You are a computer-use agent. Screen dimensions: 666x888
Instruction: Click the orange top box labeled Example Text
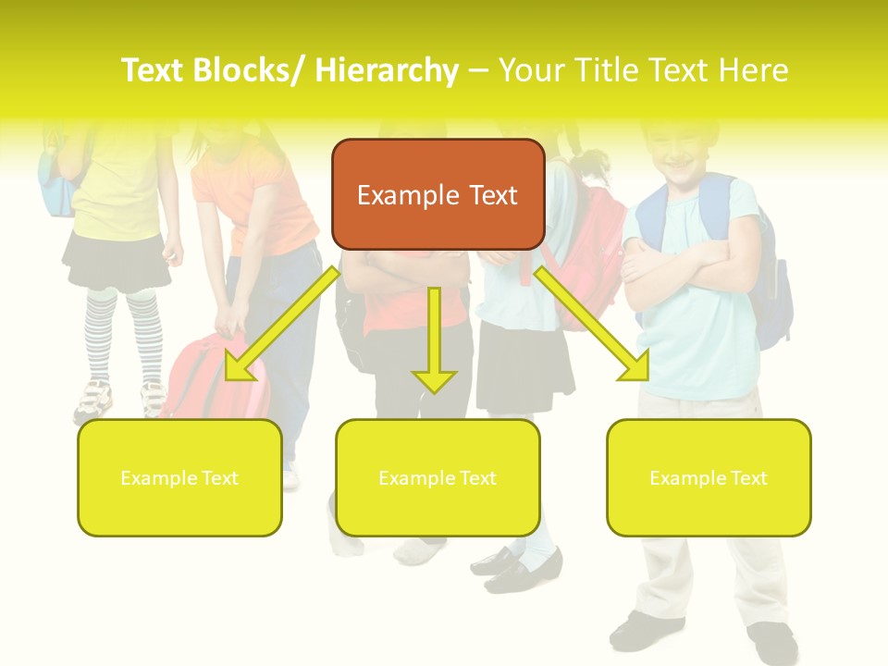pos(438,194)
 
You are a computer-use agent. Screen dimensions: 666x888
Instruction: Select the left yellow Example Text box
pos(179,477)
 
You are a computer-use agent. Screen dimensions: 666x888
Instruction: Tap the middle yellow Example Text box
pos(438,477)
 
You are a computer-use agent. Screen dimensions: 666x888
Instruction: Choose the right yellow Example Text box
pos(709,477)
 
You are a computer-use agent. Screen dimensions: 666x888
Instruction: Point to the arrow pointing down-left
pos(281,324)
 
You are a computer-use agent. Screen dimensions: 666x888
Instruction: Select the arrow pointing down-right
pos(593,324)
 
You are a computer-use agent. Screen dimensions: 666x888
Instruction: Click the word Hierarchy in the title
pos(387,70)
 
